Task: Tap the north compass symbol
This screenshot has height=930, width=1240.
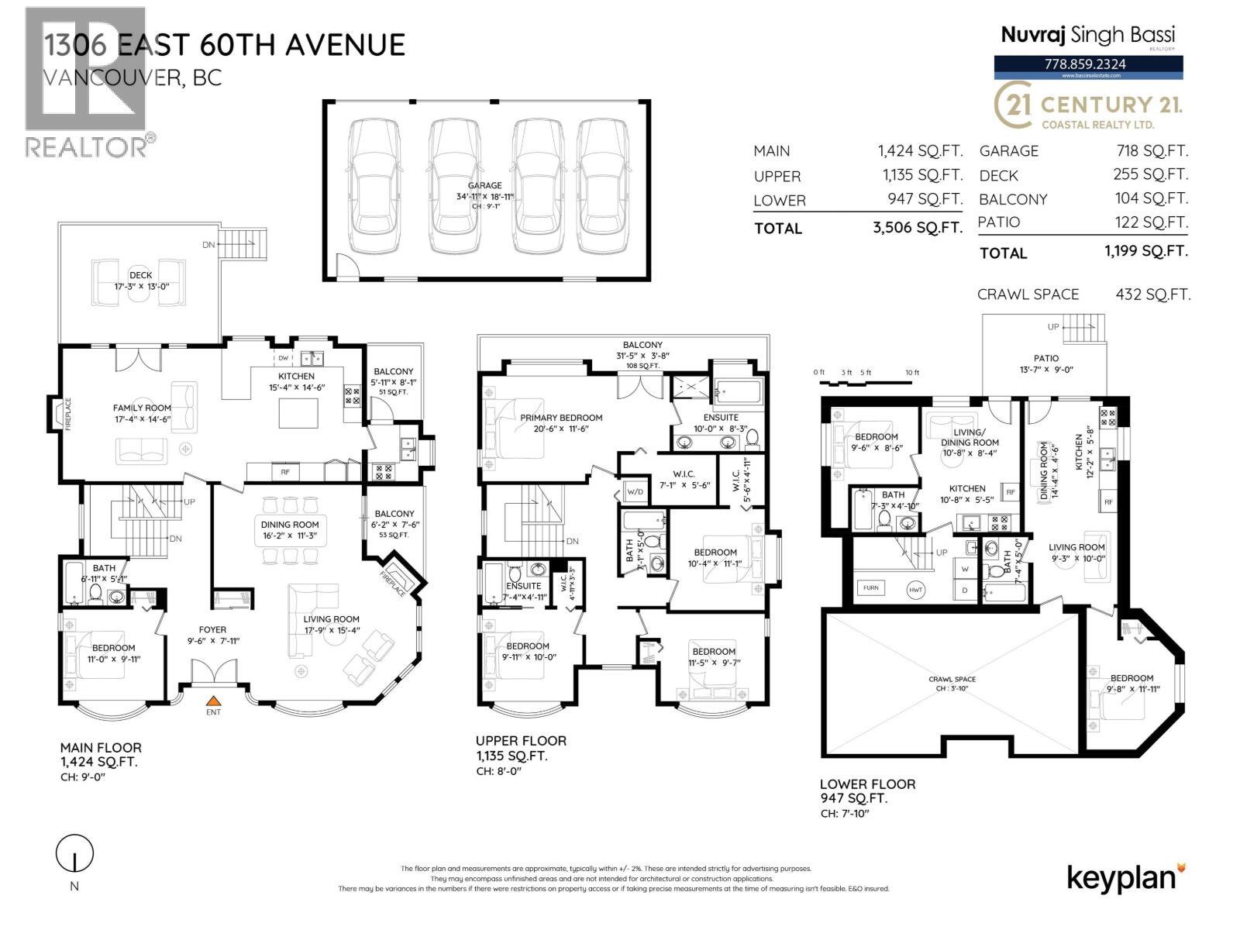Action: pyautogui.click(x=74, y=855)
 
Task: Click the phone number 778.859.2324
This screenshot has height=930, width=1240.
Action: pyautogui.click(x=1089, y=64)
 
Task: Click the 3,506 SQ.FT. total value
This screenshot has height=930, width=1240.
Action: pyautogui.click(x=917, y=228)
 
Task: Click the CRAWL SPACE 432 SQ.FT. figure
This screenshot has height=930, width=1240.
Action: pyautogui.click(x=1152, y=294)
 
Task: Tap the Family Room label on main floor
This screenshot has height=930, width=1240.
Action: pyautogui.click(x=142, y=408)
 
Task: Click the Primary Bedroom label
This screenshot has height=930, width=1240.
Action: pyautogui.click(x=561, y=418)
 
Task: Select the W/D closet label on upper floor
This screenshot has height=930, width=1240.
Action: pyautogui.click(x=635, y=491)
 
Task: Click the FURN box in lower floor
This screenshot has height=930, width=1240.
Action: pyautogui.click(x=870, y=587)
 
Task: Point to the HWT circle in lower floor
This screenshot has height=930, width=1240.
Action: pyautogui.click(x=916, y=590)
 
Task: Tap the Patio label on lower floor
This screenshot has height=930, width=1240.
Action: pyautogui.click(x=1045, y=358)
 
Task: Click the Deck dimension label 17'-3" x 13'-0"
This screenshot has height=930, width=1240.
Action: pyautogui.click(x=140, y=286)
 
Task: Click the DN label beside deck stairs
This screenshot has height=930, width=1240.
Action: pyautogui.click(x=208, y=245)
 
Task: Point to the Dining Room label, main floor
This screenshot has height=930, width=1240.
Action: pyautogui.click(x=290, y=525)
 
